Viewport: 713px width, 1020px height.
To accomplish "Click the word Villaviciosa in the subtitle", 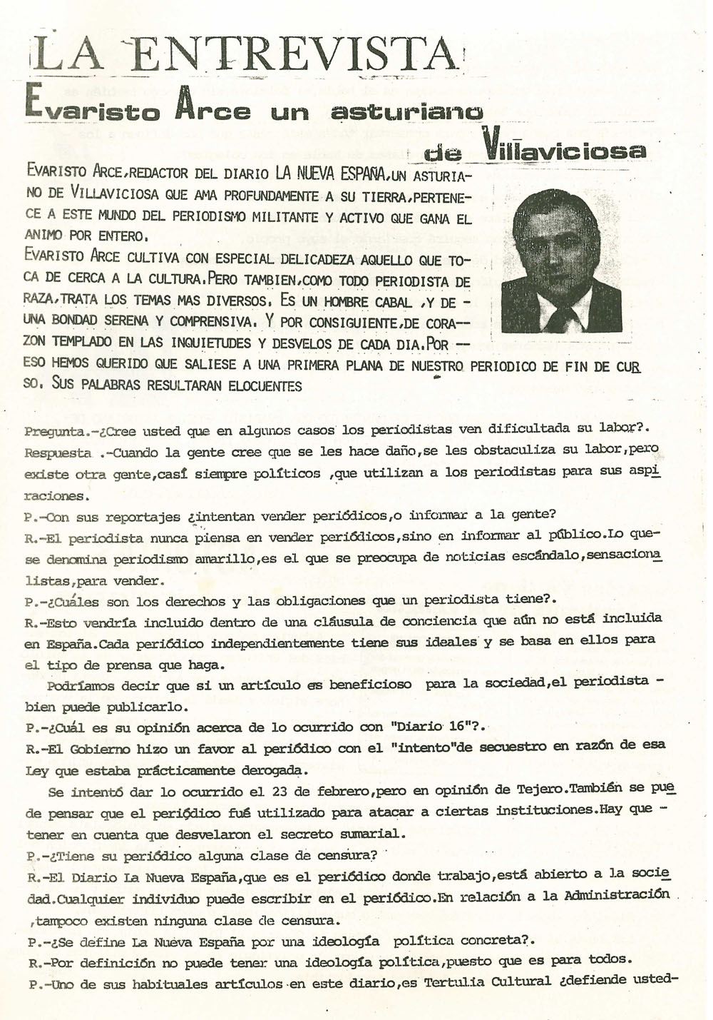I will tap(563, 148).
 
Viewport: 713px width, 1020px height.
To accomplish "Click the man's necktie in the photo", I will tap(560, 314).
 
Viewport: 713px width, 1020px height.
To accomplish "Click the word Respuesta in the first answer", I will tap(58, 453).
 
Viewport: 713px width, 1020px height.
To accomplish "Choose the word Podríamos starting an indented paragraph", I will tap(83, 686).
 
